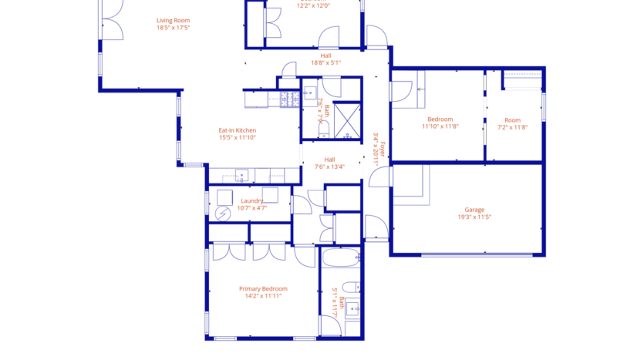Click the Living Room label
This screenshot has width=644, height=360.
pos(173,21)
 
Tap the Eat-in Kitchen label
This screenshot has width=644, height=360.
pos(237,130)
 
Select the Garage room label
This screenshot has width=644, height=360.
pos(474,210)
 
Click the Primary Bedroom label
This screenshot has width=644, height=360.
pos(263,288)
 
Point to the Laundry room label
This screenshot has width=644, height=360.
pos(252,200)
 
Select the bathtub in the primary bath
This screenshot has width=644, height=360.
pos(339,258)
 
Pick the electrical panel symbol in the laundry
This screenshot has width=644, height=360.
pos(223,213)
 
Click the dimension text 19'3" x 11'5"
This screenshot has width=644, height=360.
pos(474,217)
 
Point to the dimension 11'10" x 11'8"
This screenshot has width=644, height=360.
pos(440,127)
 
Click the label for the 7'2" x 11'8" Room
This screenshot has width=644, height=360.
pos(512,120)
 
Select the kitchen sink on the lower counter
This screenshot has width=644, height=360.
pos(241,175)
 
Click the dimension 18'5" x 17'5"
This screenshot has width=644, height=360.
pos(173,28)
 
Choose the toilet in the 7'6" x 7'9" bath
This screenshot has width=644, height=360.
pos(322,133)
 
